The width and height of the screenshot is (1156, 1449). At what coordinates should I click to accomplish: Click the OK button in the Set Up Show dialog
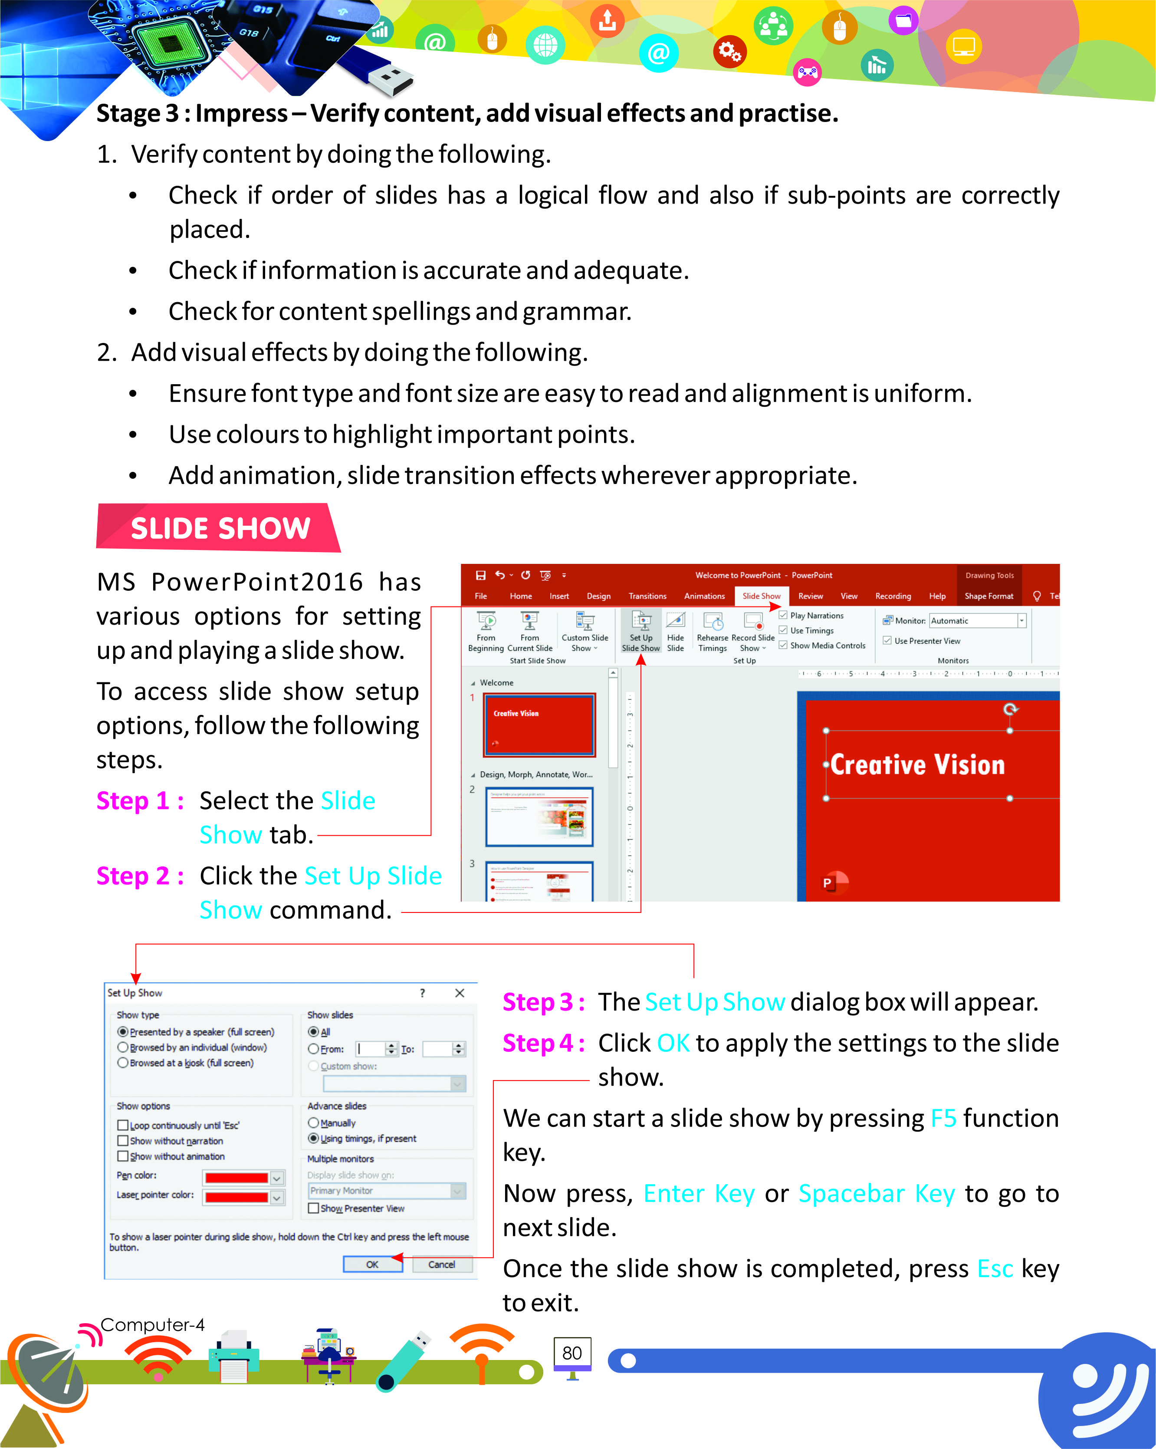click(x=372, y=1264)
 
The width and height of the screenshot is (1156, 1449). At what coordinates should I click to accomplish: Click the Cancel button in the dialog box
click(x=441, y=1264)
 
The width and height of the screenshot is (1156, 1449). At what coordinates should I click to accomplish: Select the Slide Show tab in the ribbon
click(x=761, y=596)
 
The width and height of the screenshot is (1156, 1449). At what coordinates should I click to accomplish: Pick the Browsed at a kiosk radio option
click(x=123, y=1063)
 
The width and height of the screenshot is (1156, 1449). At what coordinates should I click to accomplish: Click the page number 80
click(x=571, y=1353)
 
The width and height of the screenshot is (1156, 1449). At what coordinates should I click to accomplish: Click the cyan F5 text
click(x=943, y=1118)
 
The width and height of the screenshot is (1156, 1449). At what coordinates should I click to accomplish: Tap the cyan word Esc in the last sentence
click(x=995, y=1269)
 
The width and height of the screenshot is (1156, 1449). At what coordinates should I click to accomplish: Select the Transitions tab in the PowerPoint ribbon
click(x=647, y=596)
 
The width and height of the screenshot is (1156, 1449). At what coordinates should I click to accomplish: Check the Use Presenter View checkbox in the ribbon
click(x=887, y=640)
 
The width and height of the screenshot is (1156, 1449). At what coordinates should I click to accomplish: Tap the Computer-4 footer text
click(x=152, y=1325)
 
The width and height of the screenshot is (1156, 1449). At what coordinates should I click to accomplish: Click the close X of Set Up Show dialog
click(x=460, y=993)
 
